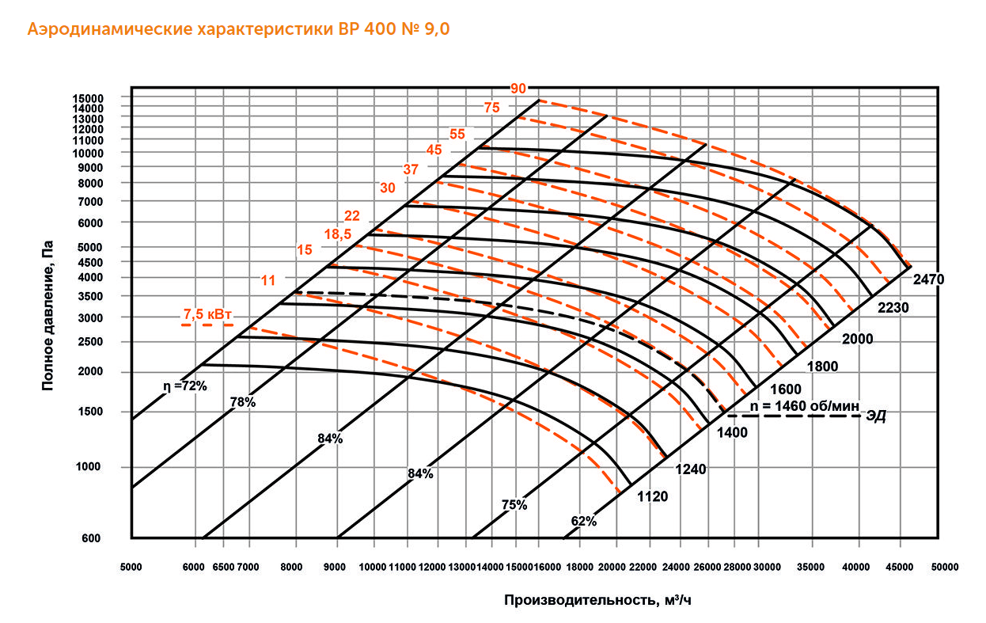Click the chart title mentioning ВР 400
click(239, 30)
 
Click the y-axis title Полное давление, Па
click(48, 317)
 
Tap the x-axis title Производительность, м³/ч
click(597, 599)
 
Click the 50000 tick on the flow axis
click(944, 568)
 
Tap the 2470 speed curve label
click(928, 279)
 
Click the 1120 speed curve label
click(653, 497)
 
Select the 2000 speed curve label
click(857, 339)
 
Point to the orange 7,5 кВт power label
click(208, 314)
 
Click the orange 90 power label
click(518, 88)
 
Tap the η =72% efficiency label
click(184, 386)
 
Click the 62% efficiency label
click(583, 521)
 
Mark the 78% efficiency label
click(243, 402)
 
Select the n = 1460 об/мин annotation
click(803, 405)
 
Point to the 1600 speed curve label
click(785, 389)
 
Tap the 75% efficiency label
click(514, 504)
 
